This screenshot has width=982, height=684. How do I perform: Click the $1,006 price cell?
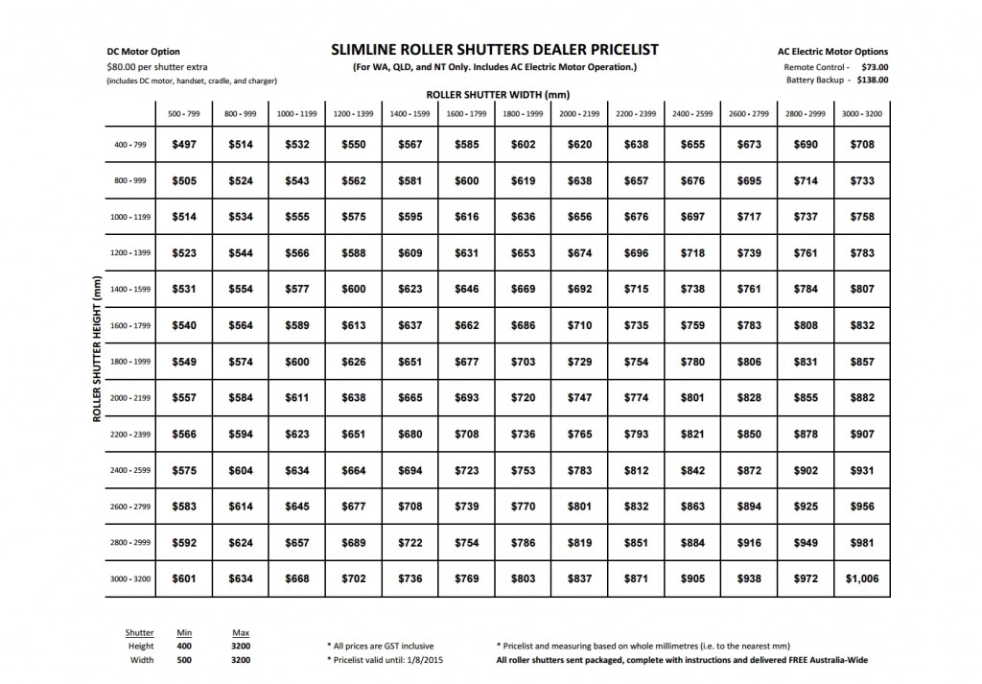862,579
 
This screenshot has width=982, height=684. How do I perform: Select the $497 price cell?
183,145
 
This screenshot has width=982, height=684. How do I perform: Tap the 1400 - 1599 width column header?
409,114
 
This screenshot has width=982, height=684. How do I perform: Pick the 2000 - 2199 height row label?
129,398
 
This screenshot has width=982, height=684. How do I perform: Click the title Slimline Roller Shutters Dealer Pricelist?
494,50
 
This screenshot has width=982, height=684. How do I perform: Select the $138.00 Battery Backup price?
870,81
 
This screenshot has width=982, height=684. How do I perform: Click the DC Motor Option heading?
143,52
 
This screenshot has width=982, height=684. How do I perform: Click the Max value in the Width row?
242,660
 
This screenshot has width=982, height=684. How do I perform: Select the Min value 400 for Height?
185,647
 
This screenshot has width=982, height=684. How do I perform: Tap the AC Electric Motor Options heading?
832,52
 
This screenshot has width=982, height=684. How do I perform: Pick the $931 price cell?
862,470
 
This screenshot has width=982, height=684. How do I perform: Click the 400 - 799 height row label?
129,145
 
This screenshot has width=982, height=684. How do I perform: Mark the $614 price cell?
240,507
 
